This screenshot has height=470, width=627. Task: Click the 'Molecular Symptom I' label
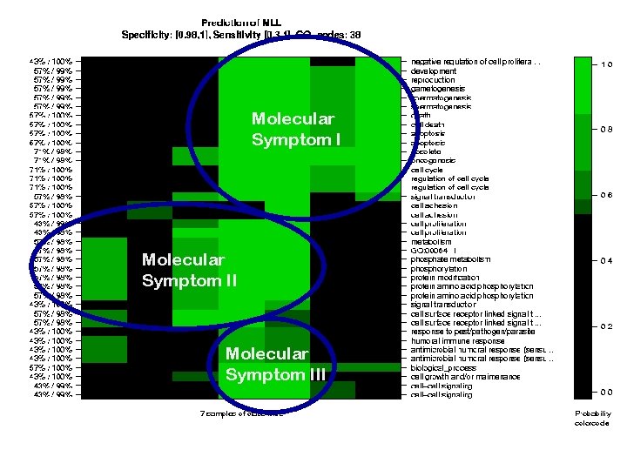(293, 129)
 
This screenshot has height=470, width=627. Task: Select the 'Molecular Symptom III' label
(275, 365)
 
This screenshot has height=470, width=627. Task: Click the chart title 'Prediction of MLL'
(240, 22)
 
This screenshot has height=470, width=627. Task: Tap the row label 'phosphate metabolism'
(450, 259)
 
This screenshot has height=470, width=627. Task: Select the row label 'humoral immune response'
(457, 341)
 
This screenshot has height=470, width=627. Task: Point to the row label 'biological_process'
(444, 367)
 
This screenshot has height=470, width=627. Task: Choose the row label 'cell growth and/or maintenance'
(465, 377)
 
